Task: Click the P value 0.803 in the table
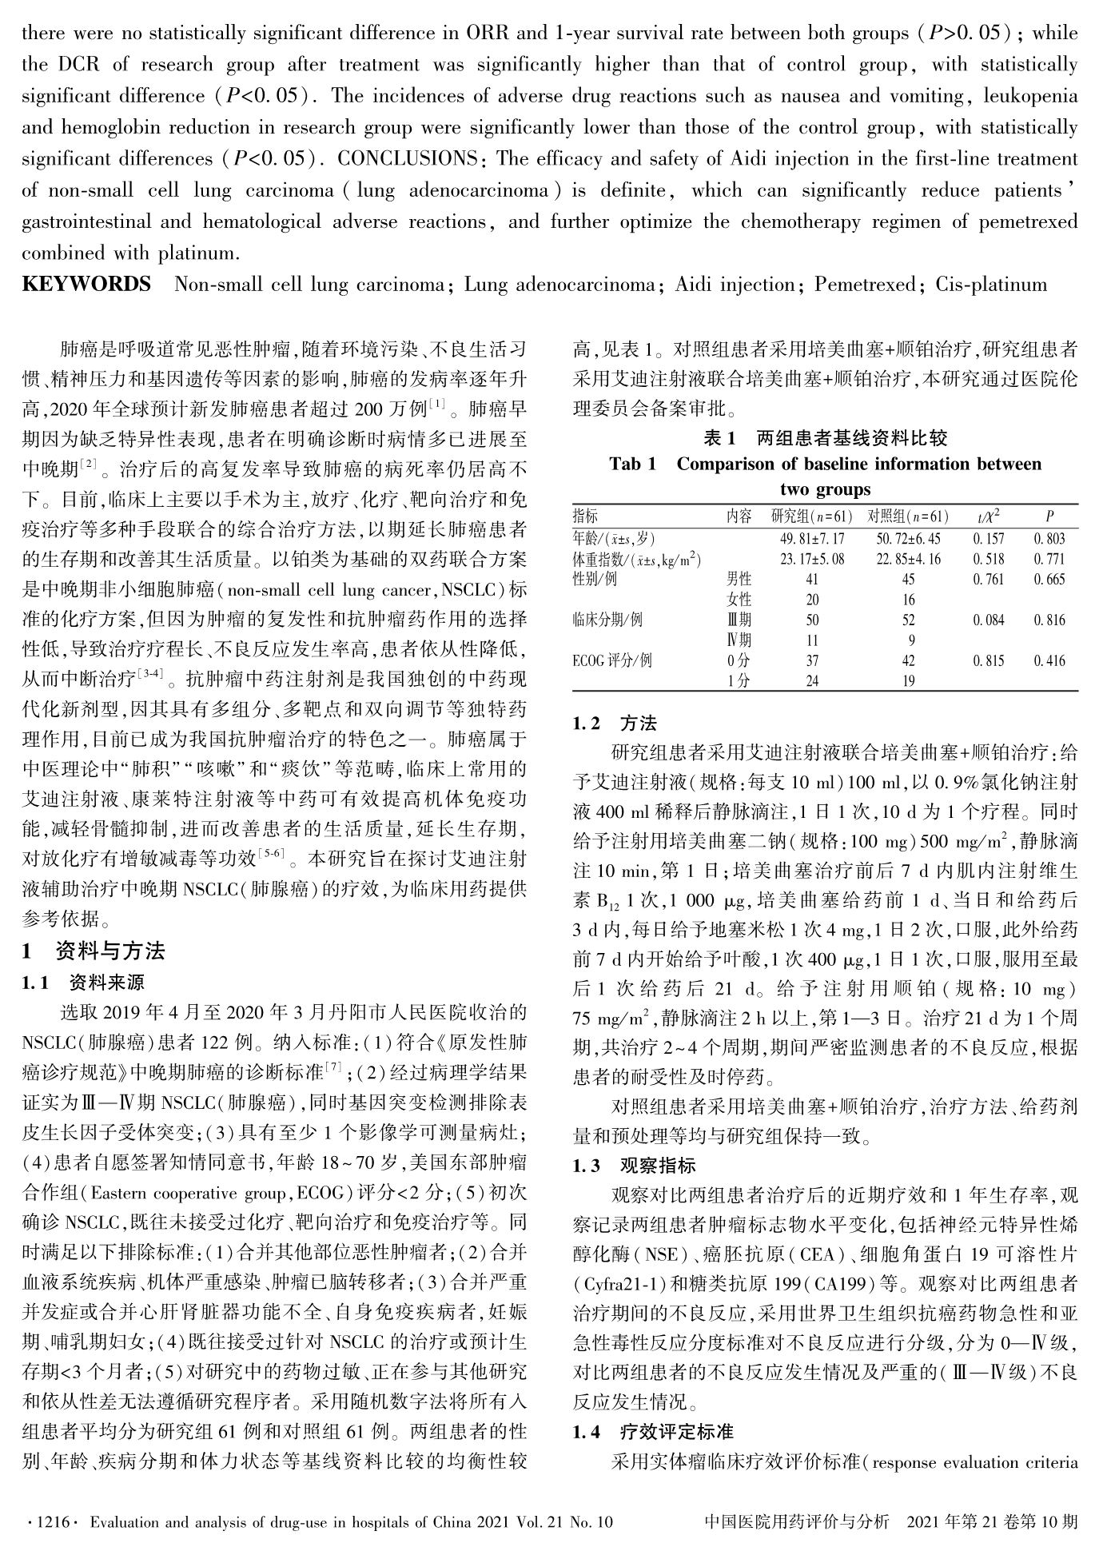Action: tap(1049, 539)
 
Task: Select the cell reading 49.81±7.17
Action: tap(811, 539)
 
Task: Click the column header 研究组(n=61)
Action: tap(811, 516)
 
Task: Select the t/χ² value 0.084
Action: tap(989, 620)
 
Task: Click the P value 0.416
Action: tap(1049, 661)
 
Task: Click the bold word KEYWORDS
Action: tap(86, 285)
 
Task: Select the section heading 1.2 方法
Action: tap(615, 724)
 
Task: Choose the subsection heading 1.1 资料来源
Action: tap(83, 983)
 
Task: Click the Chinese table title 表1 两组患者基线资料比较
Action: tap(825, 438)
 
